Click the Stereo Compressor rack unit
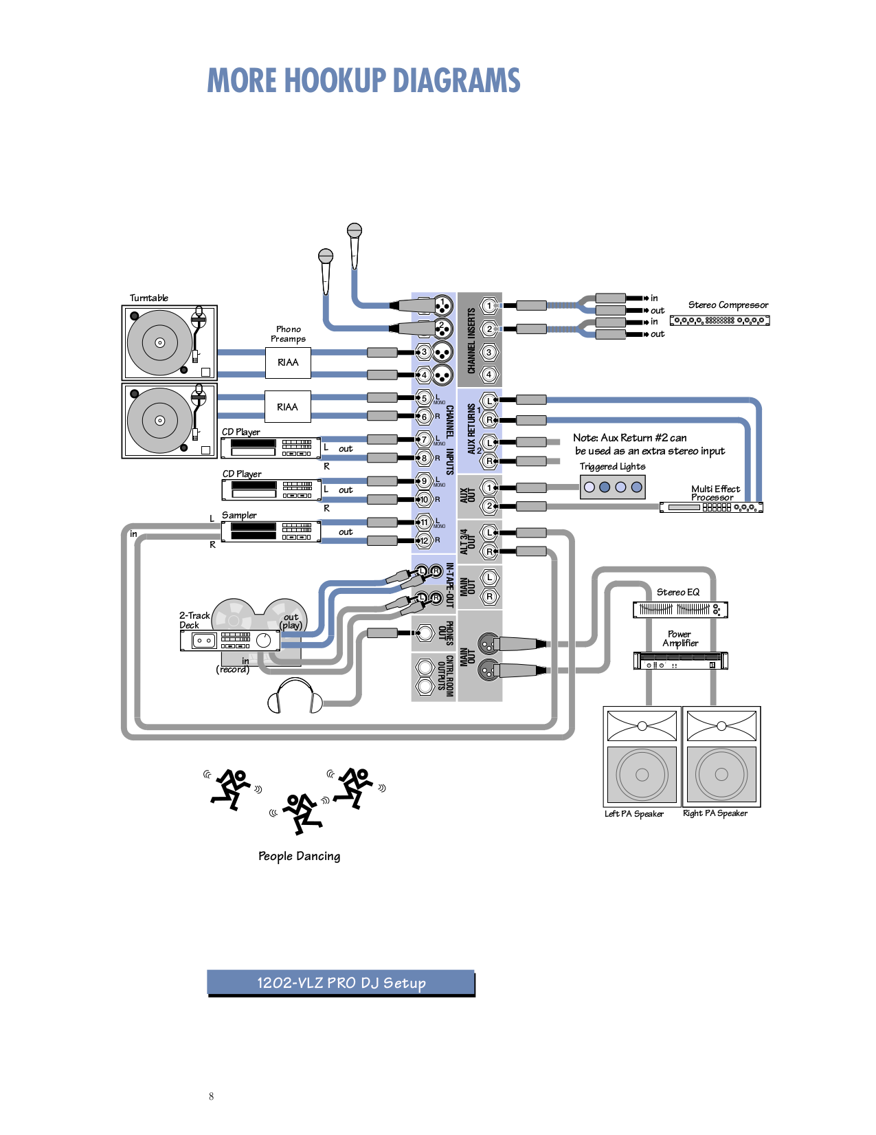pos(719,320)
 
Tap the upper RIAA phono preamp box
pos(288,362)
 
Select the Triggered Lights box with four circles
pos(613,487)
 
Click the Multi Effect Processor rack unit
pos(711,507)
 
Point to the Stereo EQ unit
pos(680,609)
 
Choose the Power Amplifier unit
pos(680,661)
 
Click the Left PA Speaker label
pos(633,814)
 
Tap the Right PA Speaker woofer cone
pos(721,774)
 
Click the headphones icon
pos(295,696)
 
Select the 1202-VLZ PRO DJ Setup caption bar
pos(341,982)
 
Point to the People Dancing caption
pos(299,856)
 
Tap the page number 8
pos(211,1097)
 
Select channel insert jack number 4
pos(488,375)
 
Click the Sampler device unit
pos(271,531)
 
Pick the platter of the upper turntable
pos(159,342)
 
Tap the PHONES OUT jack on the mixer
pos(425,632)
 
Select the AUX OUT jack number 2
pos(488,506)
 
